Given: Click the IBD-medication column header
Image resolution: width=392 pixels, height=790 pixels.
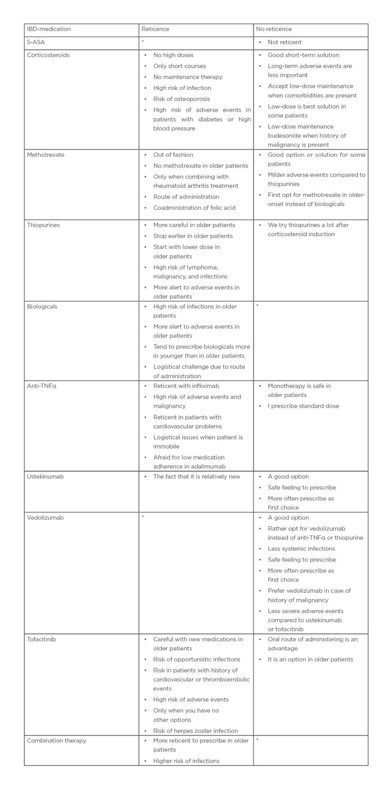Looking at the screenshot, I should pos(49,29).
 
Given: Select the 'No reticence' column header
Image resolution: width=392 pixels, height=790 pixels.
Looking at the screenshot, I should pos(274,29).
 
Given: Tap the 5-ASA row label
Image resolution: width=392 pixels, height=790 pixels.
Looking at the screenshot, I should pos(36,42).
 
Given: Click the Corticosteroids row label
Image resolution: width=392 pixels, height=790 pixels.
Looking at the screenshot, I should pos(48,55).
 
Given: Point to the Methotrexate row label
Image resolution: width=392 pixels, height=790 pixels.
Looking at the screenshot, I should pos(46,155).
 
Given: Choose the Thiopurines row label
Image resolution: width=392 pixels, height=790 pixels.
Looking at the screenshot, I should pos(43,225).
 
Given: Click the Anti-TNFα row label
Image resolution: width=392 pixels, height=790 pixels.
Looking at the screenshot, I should pos(42,386).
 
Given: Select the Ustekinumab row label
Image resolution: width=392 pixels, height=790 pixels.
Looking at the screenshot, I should pos(45,476).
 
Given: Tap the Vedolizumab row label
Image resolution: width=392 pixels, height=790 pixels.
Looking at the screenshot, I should pos(45,518).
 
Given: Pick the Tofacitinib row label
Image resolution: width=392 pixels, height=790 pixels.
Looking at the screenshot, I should pos(41,639).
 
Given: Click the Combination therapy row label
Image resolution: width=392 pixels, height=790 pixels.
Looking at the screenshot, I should pos(57,740).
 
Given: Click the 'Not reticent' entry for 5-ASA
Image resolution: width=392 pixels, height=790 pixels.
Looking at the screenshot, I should pos(284,42).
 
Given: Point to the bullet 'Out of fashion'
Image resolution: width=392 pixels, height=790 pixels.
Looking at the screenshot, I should pos(173,155).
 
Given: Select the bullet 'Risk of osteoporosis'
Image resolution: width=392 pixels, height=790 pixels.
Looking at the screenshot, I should pos(181,99).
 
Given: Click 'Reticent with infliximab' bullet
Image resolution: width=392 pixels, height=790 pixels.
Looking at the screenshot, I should pos(186,386).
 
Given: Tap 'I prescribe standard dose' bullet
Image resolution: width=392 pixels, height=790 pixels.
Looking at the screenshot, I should pos(303,406).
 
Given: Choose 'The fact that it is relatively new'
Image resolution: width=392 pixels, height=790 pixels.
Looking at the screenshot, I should pos(196,476).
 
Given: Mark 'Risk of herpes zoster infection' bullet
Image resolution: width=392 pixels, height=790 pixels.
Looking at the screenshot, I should pos(195,731).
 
